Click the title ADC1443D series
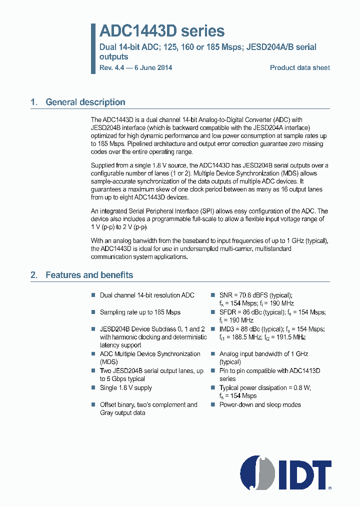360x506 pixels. (162, 31)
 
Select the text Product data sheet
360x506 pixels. (299, 67)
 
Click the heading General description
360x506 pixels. (85, 102)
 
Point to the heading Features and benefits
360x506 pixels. (89, 275)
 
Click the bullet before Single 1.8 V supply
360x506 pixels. (93, 388)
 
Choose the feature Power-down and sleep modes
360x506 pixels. (260, 404)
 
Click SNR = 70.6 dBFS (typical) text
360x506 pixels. (255, 295)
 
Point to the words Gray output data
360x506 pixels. (122, 412)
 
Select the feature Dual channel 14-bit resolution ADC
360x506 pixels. (147, 295)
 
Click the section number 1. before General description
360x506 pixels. (33, 102)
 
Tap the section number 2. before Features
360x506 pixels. (33, 275)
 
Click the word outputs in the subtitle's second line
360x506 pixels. (113, 56)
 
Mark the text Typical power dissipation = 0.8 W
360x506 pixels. (265, 387)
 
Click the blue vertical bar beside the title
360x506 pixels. (93, 48)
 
